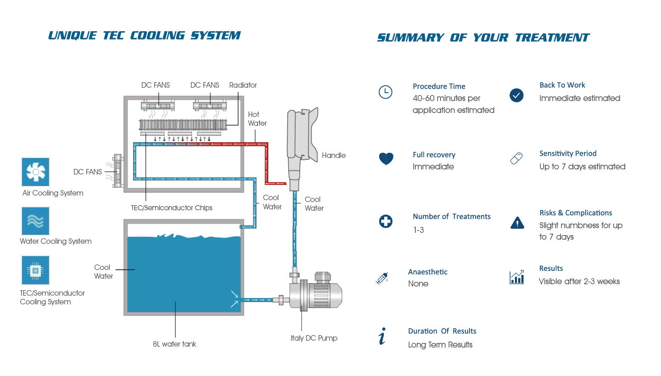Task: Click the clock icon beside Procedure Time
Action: tap(385, 92)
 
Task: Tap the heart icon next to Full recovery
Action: tap(386, 159)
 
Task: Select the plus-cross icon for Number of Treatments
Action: tap(386, 221)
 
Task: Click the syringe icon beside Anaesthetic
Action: tap(382, 278)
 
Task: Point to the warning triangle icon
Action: tap(517, 223)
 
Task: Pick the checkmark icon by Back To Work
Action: tap(516, 95)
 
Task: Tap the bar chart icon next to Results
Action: tap(516, 277)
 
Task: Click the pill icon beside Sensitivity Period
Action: tap(516, 159)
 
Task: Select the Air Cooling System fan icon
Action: tap(35, 172)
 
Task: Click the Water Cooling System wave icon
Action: tap(35, 221)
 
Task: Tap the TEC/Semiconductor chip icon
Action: tap(35, 270)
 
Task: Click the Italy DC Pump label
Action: tap(314, 338)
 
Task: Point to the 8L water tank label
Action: tap(174, 344)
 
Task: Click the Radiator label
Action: tap(243, 85)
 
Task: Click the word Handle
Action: tap(334, 155)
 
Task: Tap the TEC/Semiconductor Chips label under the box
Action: tap(172, 208)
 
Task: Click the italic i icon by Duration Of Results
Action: tap(382, 337)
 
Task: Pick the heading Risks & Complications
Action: tap(576, 213)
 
